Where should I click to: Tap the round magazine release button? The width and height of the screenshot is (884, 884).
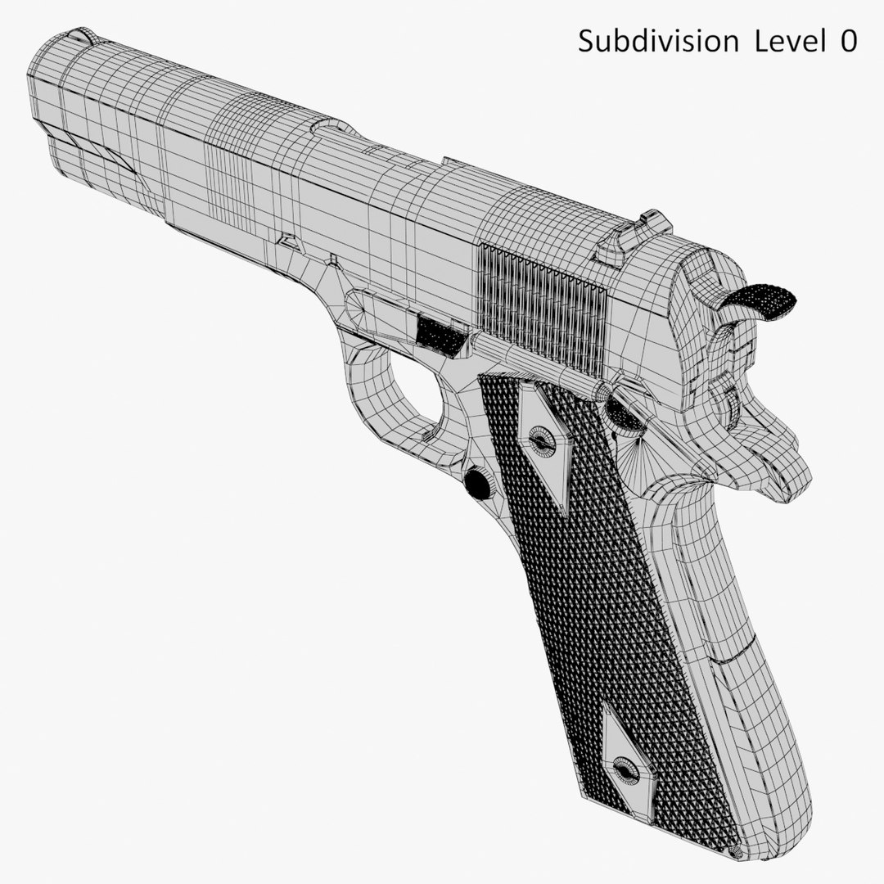477,483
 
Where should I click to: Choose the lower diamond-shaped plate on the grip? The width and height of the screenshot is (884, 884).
626,757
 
